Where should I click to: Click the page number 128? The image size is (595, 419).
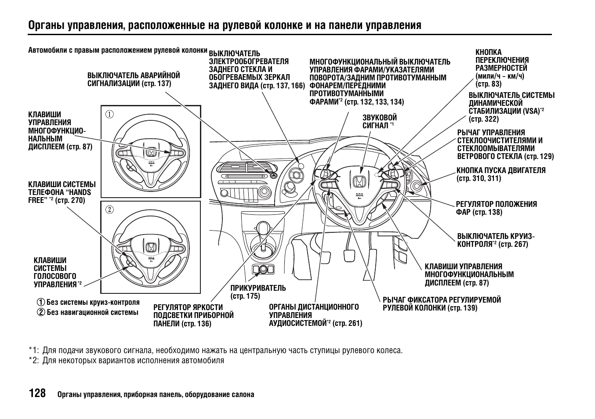coord(37,393)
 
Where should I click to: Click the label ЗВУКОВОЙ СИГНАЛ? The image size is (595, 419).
coord(379,122)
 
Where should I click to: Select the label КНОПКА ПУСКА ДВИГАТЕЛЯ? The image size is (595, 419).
coord(501,174)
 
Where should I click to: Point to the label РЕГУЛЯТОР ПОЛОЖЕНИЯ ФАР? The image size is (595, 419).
coord(496,208)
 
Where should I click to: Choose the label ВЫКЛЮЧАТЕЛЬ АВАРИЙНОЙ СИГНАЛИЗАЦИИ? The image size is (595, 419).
coord(134,79)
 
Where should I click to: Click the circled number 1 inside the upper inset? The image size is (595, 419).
coord(109,115)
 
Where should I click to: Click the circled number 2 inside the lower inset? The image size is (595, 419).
coord(109,209)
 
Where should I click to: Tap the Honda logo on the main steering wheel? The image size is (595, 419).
coord(358,181)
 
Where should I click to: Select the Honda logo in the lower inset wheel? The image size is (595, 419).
coord(151,248)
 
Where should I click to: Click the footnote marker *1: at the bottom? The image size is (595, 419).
coord(34,350)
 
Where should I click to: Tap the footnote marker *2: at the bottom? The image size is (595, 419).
coord(34,361)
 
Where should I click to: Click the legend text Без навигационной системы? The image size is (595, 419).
coord(92,312)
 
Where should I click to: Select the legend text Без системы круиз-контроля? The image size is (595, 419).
coord(93,302)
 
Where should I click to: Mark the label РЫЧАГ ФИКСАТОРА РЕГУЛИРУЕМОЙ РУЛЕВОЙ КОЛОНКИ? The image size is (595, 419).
coord(441,303)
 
